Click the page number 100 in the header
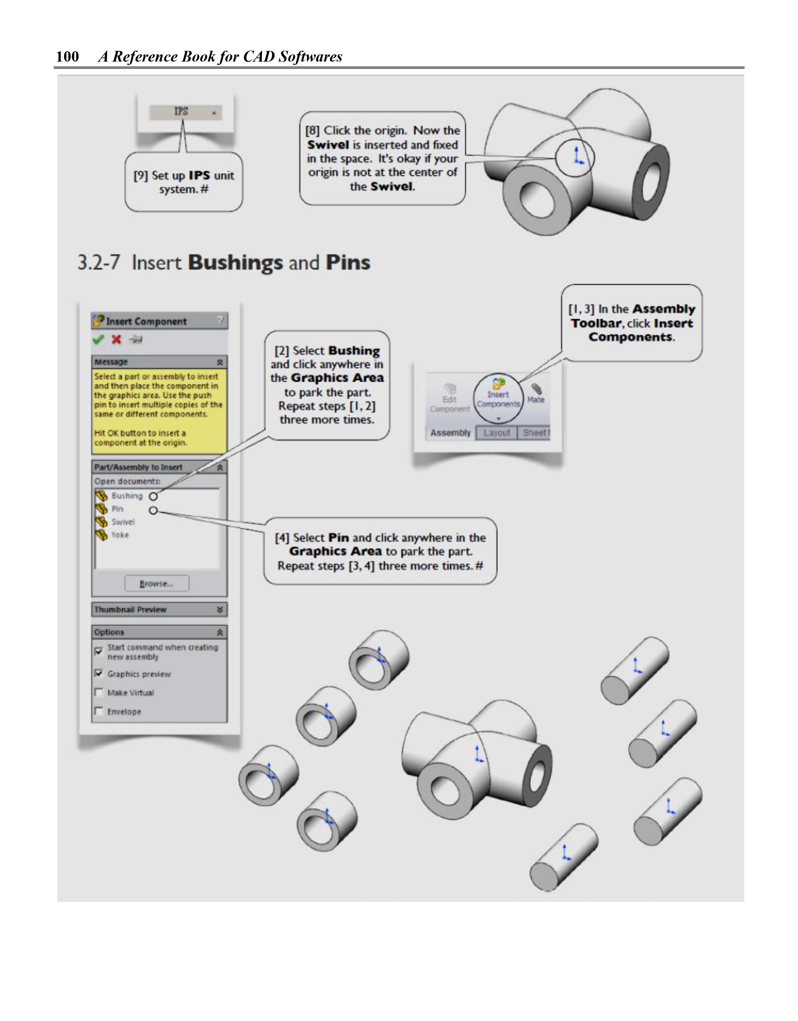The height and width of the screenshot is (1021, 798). click(x=67, y=57)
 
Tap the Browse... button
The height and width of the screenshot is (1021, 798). click(x=156, y=584)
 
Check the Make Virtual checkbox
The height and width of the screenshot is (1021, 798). click(x=99, y=692)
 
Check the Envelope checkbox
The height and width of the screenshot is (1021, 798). click(x=99, y=711)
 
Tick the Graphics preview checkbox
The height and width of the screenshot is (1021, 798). click(x=99, y=674)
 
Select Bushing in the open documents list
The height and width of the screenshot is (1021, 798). click(x=126, y=496)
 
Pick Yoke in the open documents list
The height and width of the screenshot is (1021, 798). click(x=120, y=535)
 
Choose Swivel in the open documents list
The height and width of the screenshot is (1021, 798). click(x=123, y=522)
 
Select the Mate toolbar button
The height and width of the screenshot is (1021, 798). click(x=536, y=394)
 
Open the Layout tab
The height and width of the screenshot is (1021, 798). click(x=496, y=433)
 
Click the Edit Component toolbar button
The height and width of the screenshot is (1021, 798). click(x=450, y=398)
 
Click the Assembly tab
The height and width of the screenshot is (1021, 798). click(x=450, y=433)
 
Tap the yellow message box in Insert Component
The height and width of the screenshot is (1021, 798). click(x=159, y=409)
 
